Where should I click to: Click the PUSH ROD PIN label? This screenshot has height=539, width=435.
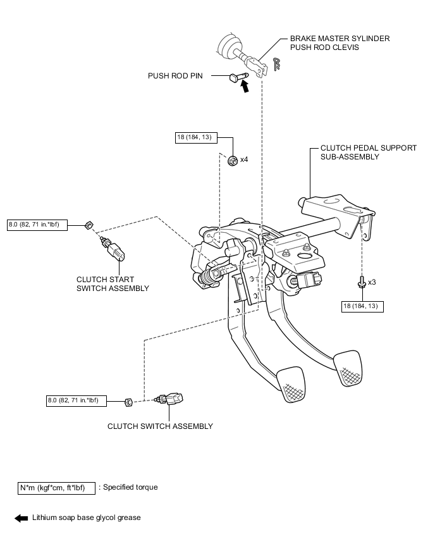(175, 76)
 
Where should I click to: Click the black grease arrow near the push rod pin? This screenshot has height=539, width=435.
(244, 86)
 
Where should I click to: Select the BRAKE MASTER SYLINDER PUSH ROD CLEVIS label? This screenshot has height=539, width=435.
(340, 43)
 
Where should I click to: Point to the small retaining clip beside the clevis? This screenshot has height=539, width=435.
(276, 64)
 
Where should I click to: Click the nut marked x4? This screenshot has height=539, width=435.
(233, 160)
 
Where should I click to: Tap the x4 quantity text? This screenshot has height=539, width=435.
(244, 159)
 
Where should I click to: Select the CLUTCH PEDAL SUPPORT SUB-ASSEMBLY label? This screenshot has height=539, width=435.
(369, 152)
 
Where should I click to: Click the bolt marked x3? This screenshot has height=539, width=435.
(362, 281)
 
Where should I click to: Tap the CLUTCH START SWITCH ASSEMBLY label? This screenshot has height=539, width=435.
(113, 284)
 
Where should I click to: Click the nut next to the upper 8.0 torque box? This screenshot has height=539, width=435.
(89, 225)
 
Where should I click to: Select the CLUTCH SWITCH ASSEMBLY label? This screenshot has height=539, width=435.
(160, 426)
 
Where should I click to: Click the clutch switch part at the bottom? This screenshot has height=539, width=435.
(169, 399)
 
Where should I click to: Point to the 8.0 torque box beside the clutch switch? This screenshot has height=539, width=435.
(77, 401)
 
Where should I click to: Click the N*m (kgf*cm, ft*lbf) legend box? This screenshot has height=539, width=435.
(56, 488)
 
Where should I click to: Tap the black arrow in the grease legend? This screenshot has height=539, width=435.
(21, 518)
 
